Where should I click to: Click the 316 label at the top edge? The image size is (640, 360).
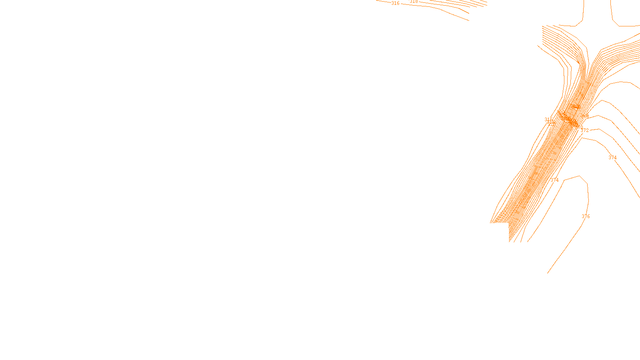coord(395,3)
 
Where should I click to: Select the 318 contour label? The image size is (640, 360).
coord(414,2)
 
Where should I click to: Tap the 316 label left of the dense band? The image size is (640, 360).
coord(548,120)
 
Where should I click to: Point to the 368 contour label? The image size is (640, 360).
coord(584,116)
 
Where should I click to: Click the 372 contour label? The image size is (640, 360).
coord(584,130)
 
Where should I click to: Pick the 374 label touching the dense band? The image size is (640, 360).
coord(554,180)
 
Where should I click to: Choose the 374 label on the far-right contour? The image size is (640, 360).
coord(612,158)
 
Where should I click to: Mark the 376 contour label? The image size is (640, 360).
coord(586,216)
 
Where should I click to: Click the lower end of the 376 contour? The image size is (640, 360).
coord(548,273)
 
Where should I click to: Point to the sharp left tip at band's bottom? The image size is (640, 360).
coord(491,222)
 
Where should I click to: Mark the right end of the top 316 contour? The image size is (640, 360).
coord(469,20)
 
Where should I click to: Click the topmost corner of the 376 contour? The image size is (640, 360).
coord(579,176)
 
